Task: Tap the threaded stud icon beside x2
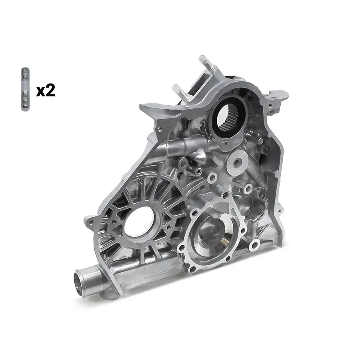click(25, 89)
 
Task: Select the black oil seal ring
click(229, 116)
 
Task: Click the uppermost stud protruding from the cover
click(206, 63)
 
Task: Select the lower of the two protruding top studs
click(181, 92)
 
